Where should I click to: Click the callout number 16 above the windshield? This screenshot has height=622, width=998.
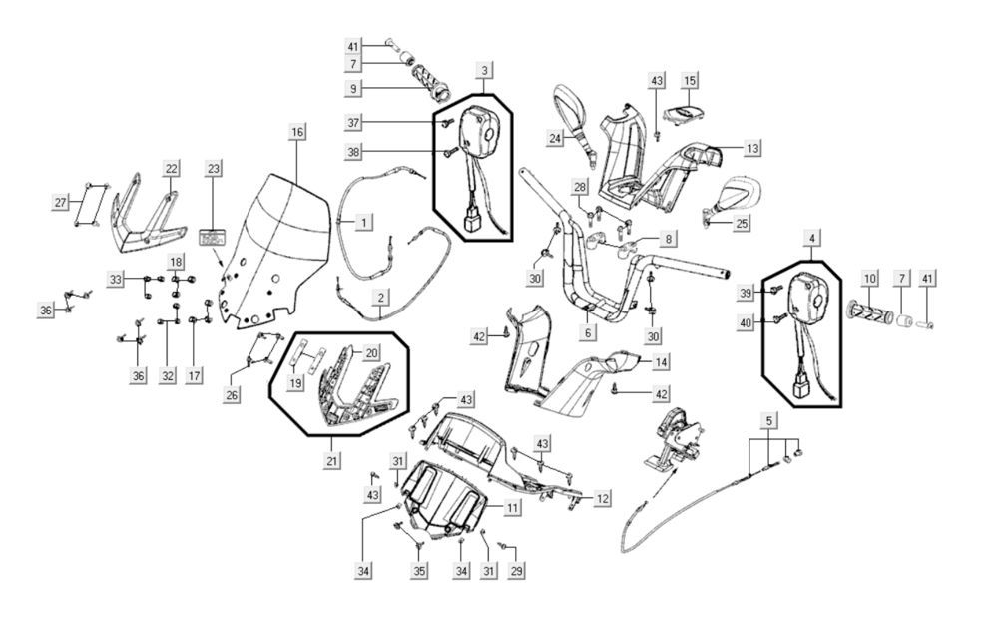[296, 132]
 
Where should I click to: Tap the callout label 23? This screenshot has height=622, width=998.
[212, 169]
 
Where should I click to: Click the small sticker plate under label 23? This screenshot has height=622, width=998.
[211, 239]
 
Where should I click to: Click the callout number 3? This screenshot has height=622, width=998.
[484, 71]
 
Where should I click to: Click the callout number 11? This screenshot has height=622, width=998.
[511, 508]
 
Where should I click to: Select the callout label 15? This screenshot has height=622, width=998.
[690, 79]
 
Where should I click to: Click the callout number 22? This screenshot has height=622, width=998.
[172, 169]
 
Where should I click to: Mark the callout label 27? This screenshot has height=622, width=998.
[60, 203]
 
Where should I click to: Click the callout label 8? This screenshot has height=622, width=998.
[668, 240]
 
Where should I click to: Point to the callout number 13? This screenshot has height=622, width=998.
[751, 148]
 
